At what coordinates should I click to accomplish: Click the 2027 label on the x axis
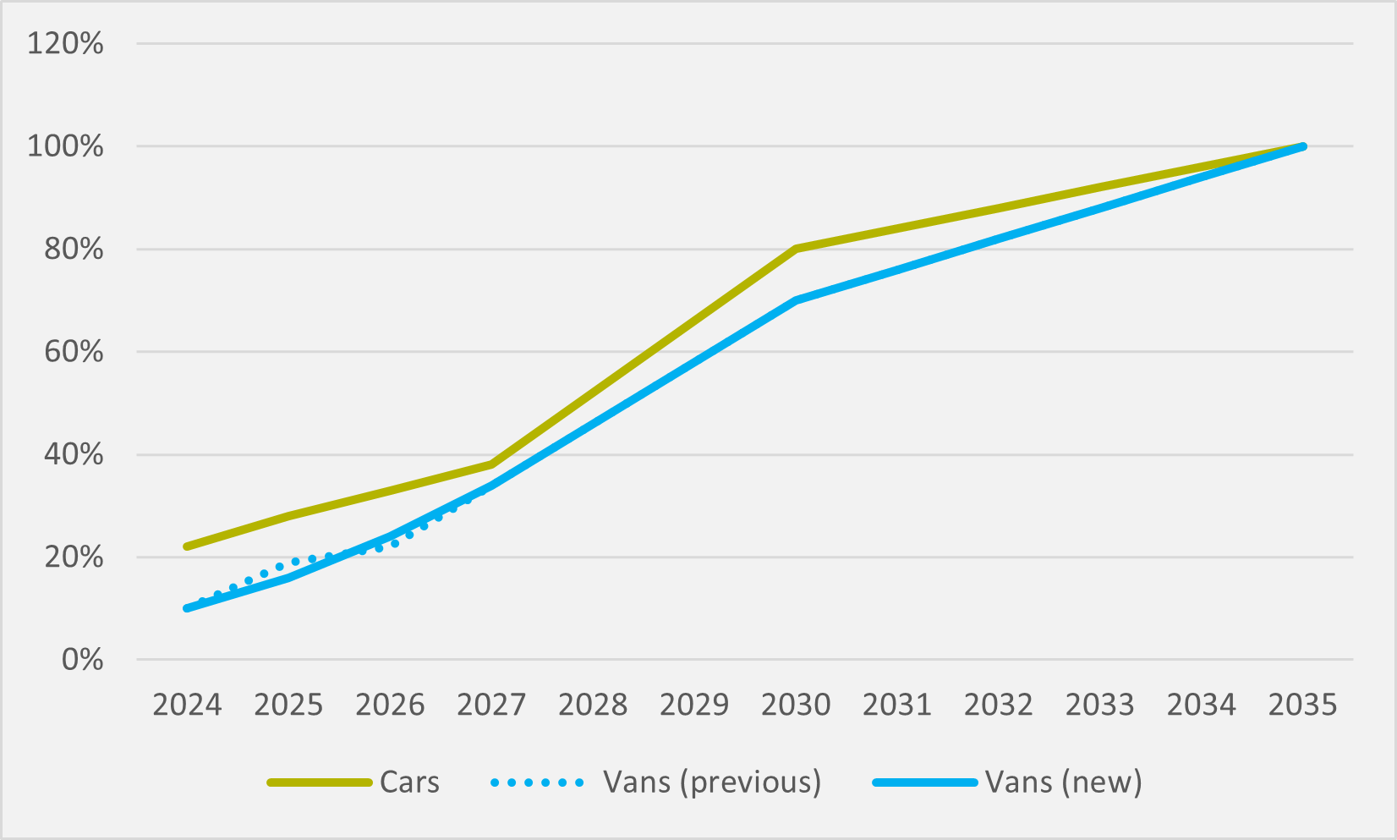pyautogui.click(x=491, y=704)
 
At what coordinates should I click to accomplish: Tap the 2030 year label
pyautogui.click(x=796, y=704)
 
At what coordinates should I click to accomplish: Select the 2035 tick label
pyautogui.click(x=1303, y=704)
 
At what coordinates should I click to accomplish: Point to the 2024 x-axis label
pyautogui.click(x=187, y=704)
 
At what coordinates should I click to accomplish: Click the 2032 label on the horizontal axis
pyautogui.click(x=999, y=704)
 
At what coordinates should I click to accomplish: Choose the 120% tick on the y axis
pyautogui.click(x=65, y=43)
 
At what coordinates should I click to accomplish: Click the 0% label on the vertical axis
pyautogui.click(x=82, y=660)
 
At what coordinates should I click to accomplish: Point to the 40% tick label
pyautogui.click(x=74, y=454)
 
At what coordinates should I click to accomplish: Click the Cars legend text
pyautogui.click(x=409, y=782)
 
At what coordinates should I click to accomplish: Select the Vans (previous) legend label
pyautogui.click(x=712, y=782)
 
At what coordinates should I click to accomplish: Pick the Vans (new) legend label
pyautogui.click(x=1063, y=782)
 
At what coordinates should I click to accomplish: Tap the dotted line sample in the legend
pyautogui.click(x=537, y=782)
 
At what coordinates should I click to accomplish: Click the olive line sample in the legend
pyautogui.click(x=320, y=782)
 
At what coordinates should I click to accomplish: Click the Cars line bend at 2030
pyautogui.click(x=796, y=249)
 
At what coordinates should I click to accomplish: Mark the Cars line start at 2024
pyautogui.click(x=187, y=546)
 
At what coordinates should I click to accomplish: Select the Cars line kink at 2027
pyautogui.click(x=491, y=464)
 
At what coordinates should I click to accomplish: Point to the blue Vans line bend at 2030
pyautogui.click(x=796, y=300)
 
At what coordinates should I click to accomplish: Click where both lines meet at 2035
pyautogui.click(x=1303, y=146)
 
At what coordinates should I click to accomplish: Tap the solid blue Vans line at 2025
pyautogui.click(x=288, y=578)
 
